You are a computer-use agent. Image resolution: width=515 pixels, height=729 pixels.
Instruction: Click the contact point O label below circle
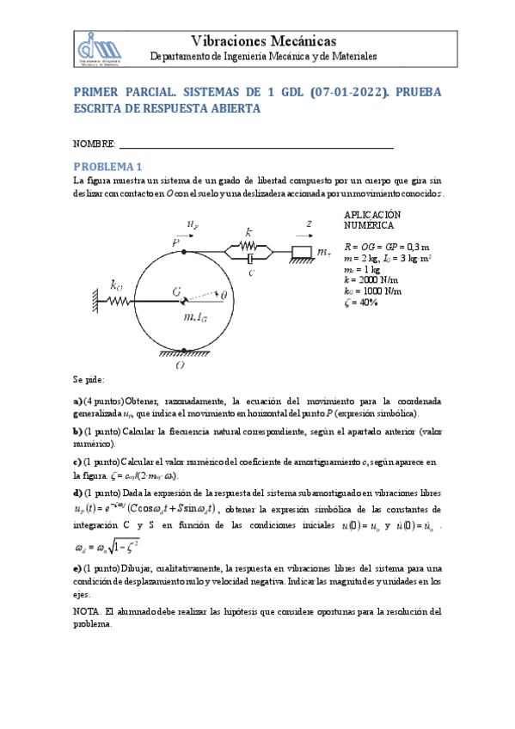[x=179, y=365]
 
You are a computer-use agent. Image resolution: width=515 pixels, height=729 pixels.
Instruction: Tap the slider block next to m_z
[x=303, y=252]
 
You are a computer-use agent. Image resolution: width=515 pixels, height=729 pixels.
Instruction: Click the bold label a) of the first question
[x=77, y=401]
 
